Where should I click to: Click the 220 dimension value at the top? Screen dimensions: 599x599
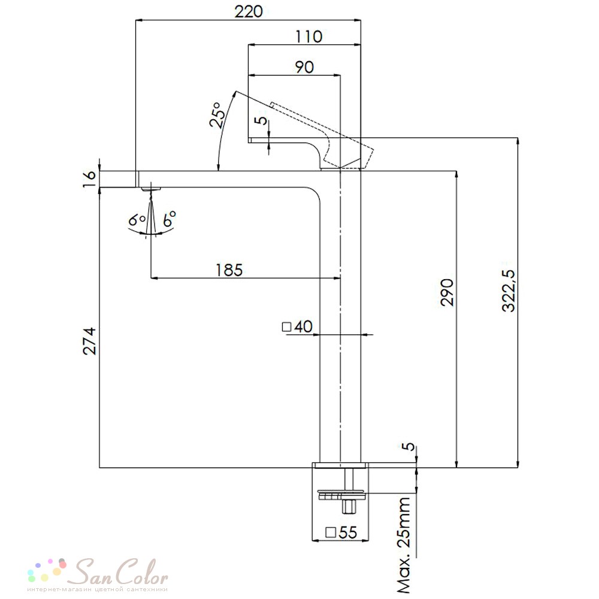click(x=249, y=11)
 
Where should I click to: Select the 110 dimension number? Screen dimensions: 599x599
click(x=308, y=37)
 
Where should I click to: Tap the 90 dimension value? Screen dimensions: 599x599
click(x=304, y=67)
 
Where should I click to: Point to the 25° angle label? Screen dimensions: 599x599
click(x=217, y=114)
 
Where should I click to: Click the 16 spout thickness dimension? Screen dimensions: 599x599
click(x=89, y=179)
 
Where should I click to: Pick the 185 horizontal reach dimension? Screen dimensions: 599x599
click(x=229, y=270)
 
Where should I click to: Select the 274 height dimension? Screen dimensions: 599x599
click(x=90, y=341)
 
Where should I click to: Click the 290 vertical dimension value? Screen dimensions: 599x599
click(x=447, y=293)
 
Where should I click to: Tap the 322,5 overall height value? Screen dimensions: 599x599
click(x=509, y=291)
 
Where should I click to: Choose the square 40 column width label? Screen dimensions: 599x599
click(x=297, y=326)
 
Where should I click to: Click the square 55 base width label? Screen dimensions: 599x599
click(x=341, y=532)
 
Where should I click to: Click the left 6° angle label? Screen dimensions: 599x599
click(x=137, y=220)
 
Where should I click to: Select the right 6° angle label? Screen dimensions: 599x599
click(x=170, y=219)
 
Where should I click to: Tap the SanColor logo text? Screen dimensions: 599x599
click(x=120, y=572)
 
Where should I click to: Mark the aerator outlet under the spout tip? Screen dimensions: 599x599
click(x=152, y=189)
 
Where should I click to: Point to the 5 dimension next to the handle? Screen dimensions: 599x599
click(x=261, y=120)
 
